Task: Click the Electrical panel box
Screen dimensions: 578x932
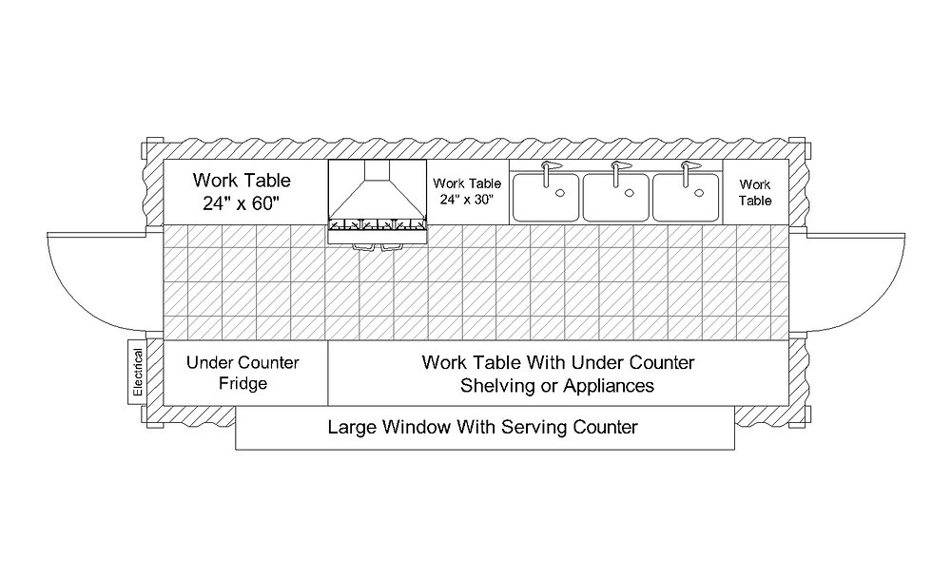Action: (138, 372)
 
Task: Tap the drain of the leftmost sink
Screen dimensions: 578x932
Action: (561, 193)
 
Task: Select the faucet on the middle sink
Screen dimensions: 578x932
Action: (616, 171)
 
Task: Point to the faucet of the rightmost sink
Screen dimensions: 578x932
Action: (686, 171)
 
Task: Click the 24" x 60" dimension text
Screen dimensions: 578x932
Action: (242, 203)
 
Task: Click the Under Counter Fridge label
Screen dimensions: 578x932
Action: (242, 373)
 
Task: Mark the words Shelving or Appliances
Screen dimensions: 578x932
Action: (557, 386)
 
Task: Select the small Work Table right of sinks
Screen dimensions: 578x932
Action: (755, 193)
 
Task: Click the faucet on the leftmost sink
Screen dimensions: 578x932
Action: (547, 171)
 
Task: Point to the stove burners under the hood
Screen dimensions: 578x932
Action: (377, 226)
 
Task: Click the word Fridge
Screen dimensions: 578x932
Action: (242, 384)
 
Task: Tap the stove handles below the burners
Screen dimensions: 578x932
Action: (377, 245)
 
